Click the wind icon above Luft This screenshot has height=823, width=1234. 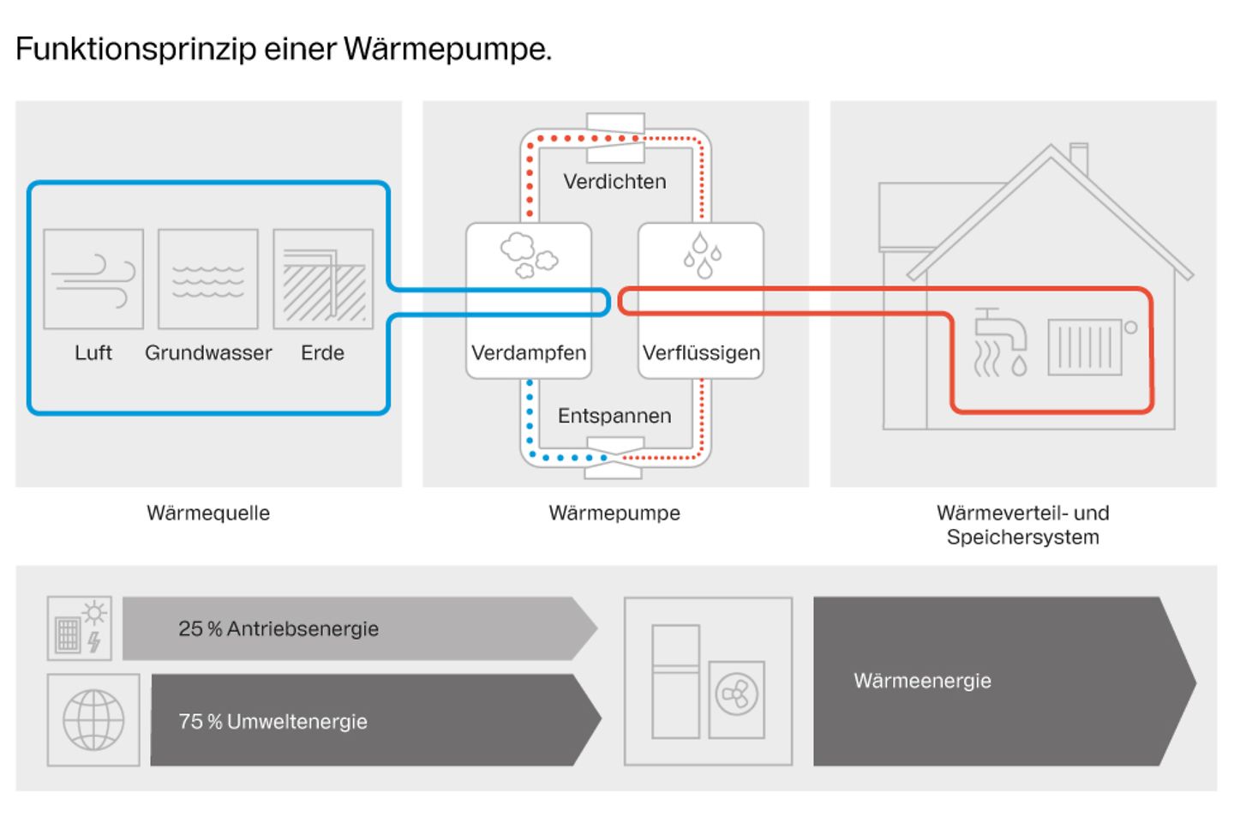point(93,279)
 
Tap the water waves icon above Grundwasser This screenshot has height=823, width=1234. point(208,279)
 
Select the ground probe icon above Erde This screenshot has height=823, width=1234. point(323,279)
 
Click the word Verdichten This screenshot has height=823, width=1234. point(614,182)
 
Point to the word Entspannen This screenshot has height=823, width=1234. point(614,416)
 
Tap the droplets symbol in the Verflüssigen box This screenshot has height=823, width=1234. point(702,255)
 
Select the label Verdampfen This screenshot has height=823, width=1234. point(529,353)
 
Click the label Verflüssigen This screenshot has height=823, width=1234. point(701,353)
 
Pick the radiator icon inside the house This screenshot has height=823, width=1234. point(1086,347)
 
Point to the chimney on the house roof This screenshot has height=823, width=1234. point(1079,159)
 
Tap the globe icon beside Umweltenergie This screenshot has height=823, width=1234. point(93,720)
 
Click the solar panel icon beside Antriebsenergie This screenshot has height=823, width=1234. point(79,629)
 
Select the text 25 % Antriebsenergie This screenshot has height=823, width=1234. point(279,629)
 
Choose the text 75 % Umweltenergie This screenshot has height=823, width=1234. point(273,722)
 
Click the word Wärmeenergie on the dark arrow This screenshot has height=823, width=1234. point(922,682)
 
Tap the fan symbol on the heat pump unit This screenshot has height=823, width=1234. point(736,694)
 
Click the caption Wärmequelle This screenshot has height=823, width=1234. point(208,514)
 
